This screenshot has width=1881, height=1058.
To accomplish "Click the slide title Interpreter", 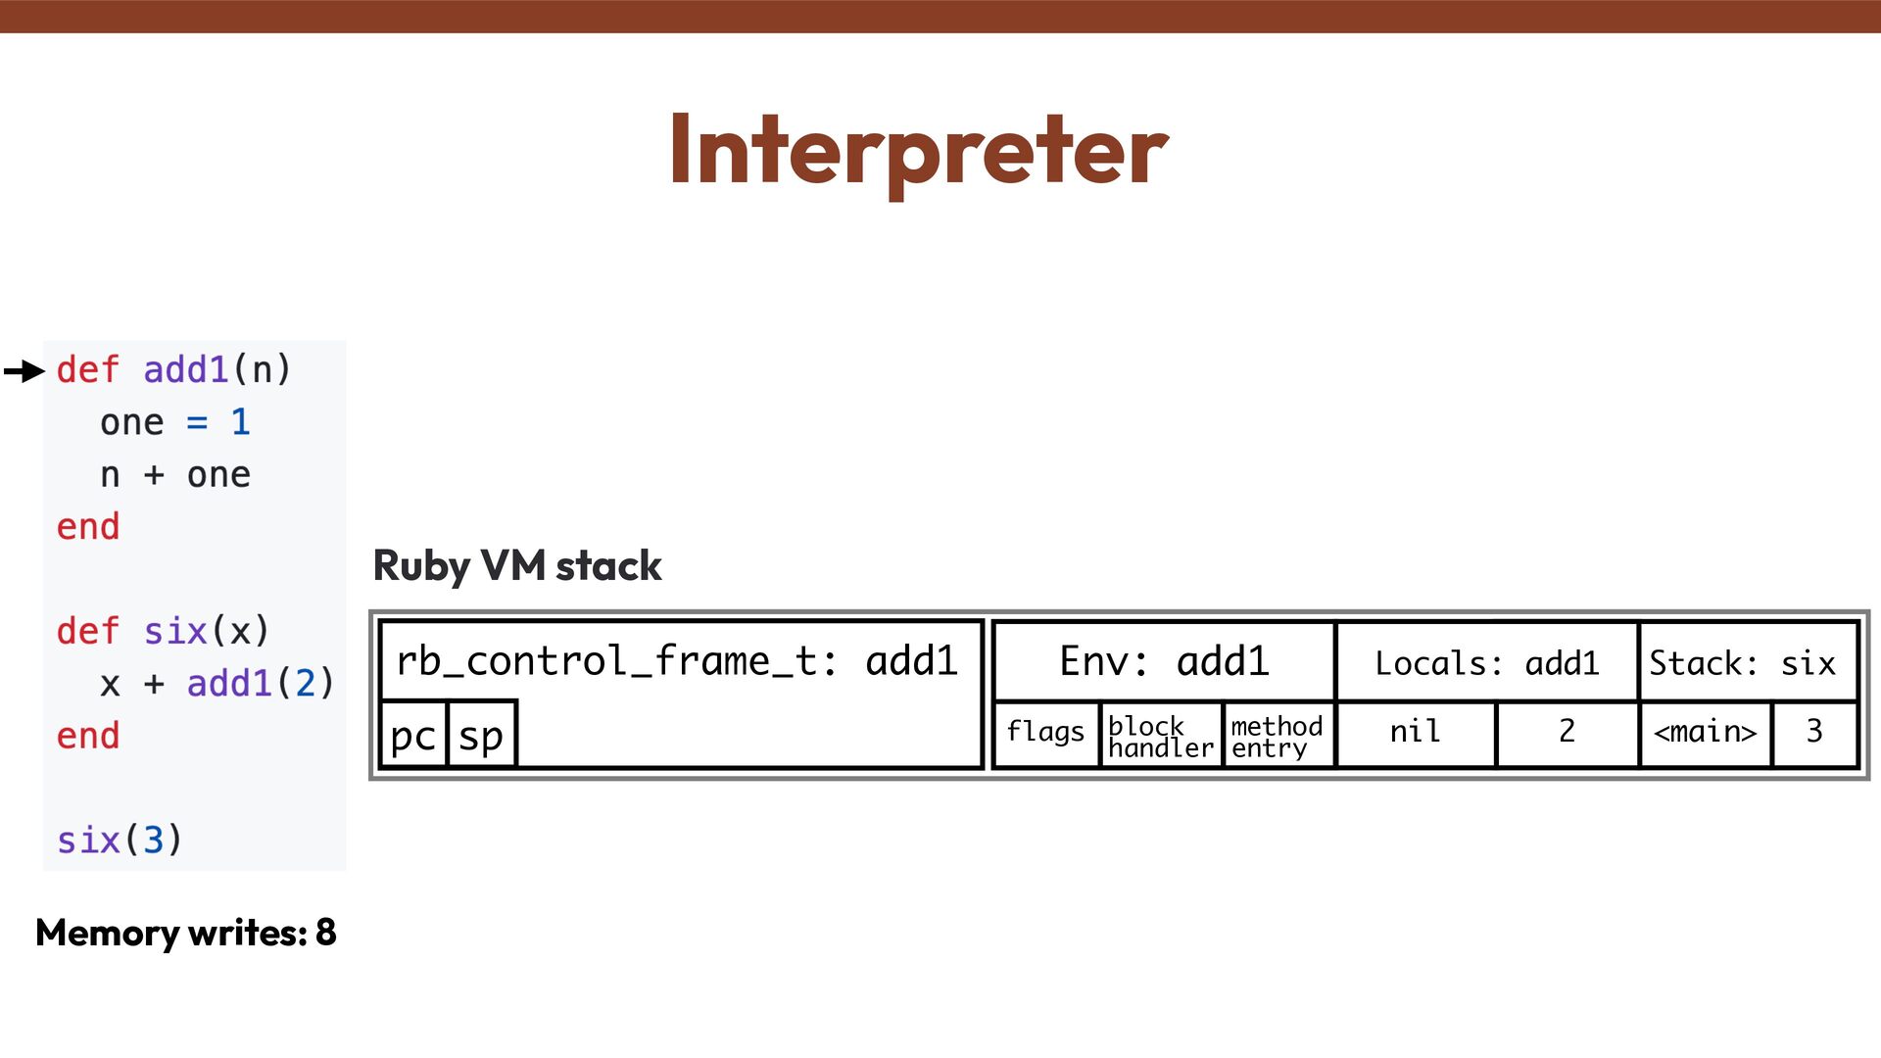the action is coord(918,150).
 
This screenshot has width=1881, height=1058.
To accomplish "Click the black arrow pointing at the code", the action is coord(24,371).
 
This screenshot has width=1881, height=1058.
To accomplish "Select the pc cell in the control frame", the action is coord(412,735).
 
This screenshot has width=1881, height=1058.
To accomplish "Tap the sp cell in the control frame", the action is coord(481,735).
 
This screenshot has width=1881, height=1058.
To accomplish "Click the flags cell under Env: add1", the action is coord(1045,733).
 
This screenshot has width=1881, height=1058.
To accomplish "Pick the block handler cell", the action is coord(1160,736).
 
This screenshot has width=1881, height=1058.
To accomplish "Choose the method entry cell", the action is coord(1277,736).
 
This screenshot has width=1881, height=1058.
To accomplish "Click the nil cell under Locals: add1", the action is coord(1415,732).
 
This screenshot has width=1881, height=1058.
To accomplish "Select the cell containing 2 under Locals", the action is coord(1567,732).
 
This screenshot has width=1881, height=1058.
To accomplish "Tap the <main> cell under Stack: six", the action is coord(1705,732).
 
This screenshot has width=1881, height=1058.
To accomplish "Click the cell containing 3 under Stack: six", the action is coord(1814,732).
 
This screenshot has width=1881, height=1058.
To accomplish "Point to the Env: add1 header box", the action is coord(1164,662).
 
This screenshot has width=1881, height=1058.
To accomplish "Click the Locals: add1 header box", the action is coord(1486,663).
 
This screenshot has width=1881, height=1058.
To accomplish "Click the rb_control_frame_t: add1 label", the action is coord(676,661).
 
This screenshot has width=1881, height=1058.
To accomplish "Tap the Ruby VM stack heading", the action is coord(517,566).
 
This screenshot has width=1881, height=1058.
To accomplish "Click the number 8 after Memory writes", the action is coord(326,933).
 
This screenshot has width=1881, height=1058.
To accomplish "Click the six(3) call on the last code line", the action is coord(120,841).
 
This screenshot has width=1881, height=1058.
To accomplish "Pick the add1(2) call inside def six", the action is coord(261,684).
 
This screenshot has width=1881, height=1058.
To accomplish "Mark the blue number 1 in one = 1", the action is coord(240,422).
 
